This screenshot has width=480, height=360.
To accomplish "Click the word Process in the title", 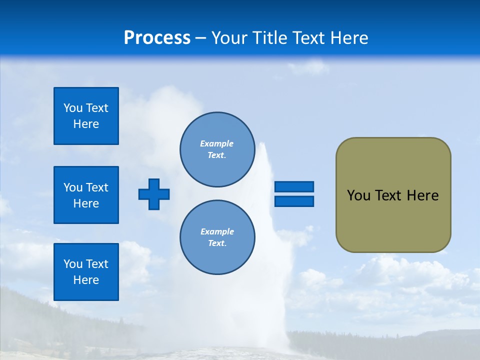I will click(x=157, y=38).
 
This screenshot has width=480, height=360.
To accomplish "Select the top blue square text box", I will click(x=86, y=116).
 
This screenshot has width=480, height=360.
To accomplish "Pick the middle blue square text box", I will click(x=86, y=195).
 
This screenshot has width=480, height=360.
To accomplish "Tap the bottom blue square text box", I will click(x=86, y=272).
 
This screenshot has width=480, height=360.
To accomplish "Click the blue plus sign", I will click(x=154, y=194).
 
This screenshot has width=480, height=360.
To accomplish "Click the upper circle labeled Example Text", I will click(x=217, y=149).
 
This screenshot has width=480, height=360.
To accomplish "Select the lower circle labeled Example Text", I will click(x=217, y=237).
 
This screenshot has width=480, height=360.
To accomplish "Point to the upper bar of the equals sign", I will click(x=294, y=187).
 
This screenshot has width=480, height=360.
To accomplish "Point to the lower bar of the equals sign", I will click(x=294, y=201).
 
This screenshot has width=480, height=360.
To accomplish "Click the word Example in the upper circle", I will click(x=217, y=143).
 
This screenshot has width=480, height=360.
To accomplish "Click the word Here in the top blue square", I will click(x=86, y=124).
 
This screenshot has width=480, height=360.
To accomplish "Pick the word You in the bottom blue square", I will click(x=73, y=264).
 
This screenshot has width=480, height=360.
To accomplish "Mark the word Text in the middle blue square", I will click(x=97, y=187).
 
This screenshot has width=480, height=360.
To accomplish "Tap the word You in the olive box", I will click(x=358, y=195).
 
